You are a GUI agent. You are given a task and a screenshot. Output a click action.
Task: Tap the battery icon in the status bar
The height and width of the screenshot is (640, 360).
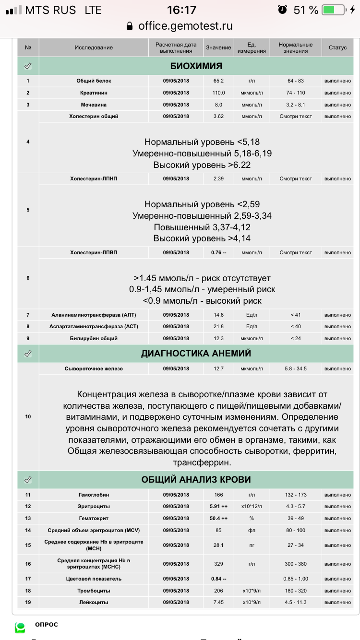[x=334, y=10]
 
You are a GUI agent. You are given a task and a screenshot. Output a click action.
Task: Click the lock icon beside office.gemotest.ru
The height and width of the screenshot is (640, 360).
[x=129, y=26]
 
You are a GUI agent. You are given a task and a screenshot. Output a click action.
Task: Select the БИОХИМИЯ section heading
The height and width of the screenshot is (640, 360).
[x=196, y=66]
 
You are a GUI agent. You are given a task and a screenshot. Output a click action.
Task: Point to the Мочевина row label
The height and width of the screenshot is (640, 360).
[x=94, y=105]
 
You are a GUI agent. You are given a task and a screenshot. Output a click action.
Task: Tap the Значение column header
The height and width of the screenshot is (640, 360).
[x=218, y=47]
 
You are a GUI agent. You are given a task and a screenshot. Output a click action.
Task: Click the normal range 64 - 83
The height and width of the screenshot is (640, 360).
[x=296, y=81]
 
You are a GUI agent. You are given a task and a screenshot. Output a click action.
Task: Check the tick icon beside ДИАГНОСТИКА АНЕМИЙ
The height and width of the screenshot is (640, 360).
[x=28, y=354]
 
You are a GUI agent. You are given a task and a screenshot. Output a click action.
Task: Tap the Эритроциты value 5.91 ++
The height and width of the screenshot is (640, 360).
[x=218, y=506]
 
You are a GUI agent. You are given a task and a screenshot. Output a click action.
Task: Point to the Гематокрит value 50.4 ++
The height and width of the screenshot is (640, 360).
[x=218, y=518]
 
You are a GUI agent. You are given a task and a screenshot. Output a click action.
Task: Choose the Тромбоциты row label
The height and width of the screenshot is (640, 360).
[x=94, y=591]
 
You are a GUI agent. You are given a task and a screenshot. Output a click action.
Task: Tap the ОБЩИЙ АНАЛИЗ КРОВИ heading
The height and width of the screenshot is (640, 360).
[x=196, y=479]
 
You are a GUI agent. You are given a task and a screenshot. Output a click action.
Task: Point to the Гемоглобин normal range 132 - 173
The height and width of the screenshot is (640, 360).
[x=296, y=495]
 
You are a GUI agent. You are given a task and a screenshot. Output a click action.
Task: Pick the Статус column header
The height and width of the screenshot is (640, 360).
[x=337, y=47]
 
